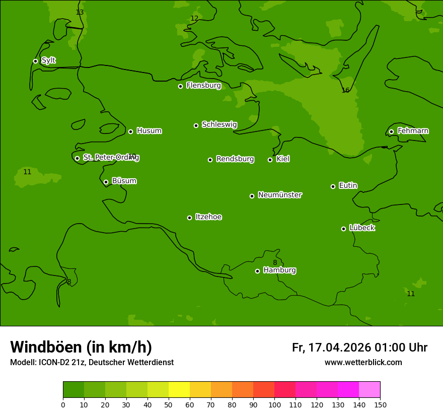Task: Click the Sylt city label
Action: coord(48,60)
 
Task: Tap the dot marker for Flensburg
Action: coord(180,86)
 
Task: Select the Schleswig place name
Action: coord(219,124)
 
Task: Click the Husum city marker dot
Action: coord(130,131)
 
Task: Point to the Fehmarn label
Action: coord(413,131)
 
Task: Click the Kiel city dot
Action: coord(270,160)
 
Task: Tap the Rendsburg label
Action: coord(235,159)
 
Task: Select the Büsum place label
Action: coord(124,181)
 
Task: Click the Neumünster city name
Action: coord(279,195)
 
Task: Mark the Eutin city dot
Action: coord(333,186)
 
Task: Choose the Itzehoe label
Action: coord(208,217)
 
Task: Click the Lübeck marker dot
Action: coord(343,229)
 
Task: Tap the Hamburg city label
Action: coord(279,270)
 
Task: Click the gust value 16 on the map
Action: coord(345,91)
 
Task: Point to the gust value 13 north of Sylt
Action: coord(80,13)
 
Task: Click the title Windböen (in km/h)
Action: coord(81,347)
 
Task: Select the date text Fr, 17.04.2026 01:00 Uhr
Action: coord(359,347)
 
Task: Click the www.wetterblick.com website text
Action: coord(363,363)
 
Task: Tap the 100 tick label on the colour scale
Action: coord(274,404)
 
